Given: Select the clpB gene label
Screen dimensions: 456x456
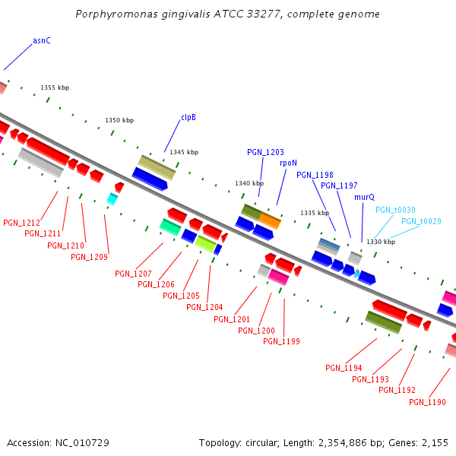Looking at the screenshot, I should point(188,118).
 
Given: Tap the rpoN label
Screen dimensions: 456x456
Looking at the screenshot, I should point(288,163).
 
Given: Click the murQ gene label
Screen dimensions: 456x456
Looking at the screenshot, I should point(364,197).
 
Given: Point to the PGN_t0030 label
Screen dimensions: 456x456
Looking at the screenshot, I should point(395,210).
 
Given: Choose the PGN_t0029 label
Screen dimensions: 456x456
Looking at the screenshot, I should point(421,221).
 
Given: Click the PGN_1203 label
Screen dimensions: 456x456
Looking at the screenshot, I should point(265,152).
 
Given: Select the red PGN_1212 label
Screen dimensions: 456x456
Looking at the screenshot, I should point(22,223).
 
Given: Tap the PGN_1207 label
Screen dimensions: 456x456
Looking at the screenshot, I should point(134,274).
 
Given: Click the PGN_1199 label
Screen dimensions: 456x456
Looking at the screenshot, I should point(281,341).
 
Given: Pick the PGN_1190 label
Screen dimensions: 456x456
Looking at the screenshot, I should point(427,402).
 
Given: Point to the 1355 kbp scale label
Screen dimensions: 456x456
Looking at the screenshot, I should point(55,88).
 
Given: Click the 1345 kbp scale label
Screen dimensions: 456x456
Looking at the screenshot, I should point(184,152).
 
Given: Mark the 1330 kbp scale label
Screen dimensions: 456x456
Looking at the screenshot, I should point(381,242).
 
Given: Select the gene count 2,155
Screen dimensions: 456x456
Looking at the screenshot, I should point(435,442).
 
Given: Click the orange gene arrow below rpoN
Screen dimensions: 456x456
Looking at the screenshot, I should point(270,221).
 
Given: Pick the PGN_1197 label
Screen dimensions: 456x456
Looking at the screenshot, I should point(339,185).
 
